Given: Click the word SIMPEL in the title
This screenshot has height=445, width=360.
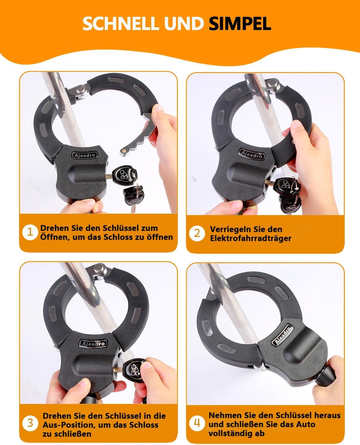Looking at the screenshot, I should tap(240, 24).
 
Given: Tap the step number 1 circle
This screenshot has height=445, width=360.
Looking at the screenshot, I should tap(30, 232).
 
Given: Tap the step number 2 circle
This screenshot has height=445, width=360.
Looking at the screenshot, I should tap(197, 233).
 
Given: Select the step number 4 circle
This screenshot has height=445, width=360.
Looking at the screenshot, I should tap(197, 423).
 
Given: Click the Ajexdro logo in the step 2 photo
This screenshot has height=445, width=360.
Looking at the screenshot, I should tap(251, 154).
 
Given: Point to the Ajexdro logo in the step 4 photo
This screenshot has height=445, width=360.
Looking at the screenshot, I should tap(283, 335).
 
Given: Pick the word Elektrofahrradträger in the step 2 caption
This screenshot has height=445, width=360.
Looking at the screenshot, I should tap(251, 238).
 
